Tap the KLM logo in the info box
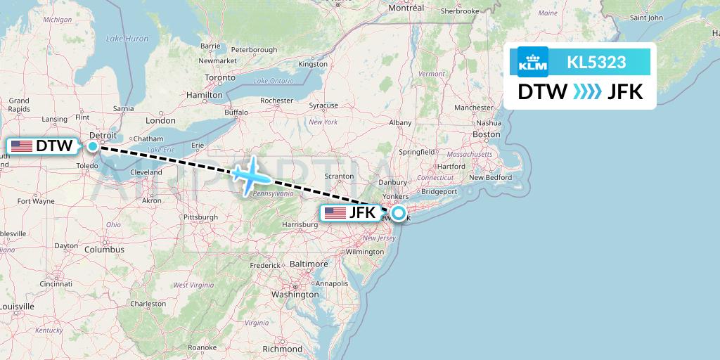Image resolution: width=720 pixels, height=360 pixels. coord(532,63)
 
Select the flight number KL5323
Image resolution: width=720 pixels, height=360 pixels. coord(596,63)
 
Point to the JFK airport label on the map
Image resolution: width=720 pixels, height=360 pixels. coord(352,212)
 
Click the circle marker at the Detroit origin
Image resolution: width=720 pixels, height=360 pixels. coord(93,146)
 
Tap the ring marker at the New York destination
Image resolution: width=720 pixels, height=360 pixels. coord(399,213)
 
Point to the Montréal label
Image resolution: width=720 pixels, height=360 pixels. coord(406,8)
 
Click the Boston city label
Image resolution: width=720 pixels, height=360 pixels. coord(487,134)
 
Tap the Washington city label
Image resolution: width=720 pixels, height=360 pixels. coord(295,295)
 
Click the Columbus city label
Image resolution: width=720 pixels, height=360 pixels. coord(104,250)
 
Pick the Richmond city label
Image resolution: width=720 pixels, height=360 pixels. coord(282,349)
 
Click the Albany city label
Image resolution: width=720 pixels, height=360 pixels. coord(400,122)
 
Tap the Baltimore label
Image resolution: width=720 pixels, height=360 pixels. coord(309,264)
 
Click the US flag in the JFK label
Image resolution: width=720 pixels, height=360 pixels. coord(335,212)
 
